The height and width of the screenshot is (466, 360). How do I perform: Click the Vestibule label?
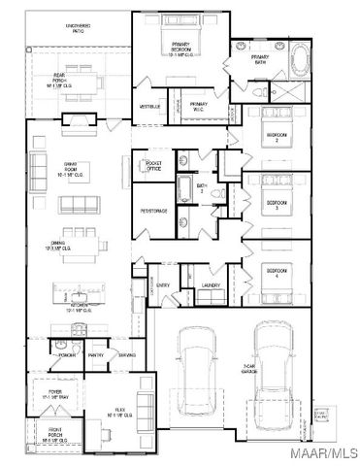[x=149, y=105]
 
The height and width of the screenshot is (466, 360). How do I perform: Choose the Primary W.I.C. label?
[x=198, y=105]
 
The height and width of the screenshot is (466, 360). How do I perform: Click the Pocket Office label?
[x=152, y=165]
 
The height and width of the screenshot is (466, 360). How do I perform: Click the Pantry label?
[x=95, y=355]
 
